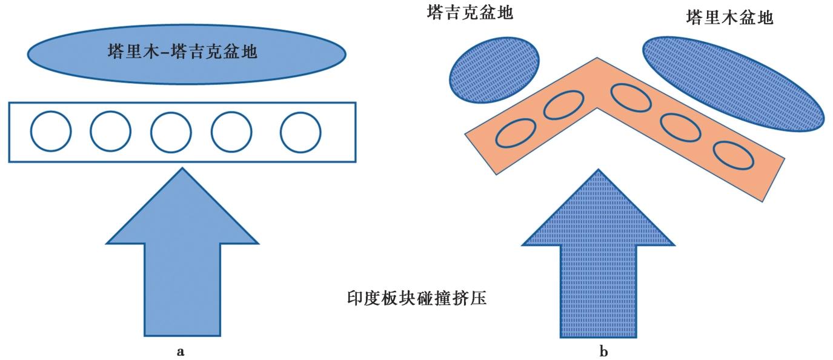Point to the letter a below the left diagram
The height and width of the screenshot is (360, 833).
(x=179, y=351)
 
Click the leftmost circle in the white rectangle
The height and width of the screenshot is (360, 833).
(x=50, y=132)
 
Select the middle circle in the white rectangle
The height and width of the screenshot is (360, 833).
(x=171, y=132)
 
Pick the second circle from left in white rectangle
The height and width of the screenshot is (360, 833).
(x=110, y=132)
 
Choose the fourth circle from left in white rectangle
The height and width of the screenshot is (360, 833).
(x=231, y=132)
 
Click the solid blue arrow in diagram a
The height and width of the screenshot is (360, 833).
(x=182, y=261)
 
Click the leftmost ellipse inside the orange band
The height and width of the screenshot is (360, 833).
(x=516, y=134)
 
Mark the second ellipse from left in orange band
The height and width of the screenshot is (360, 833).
(x=563, y=105)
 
